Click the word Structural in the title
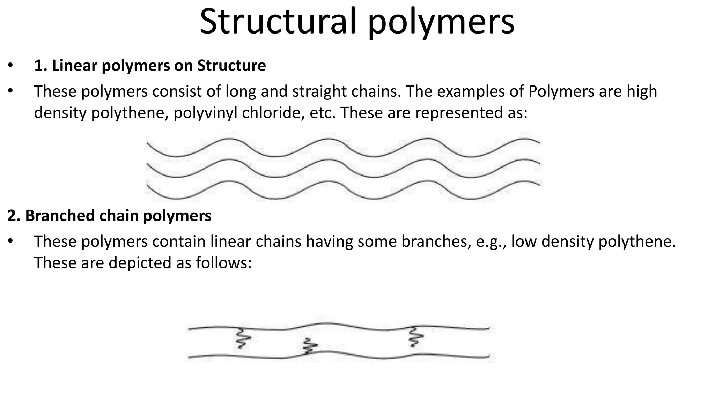(278, 22)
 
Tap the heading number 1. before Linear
(40, 66)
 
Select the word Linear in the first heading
(75, 66)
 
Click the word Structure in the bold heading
(231, 66)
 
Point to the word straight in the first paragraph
(319, 92)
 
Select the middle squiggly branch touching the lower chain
(309, 347)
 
